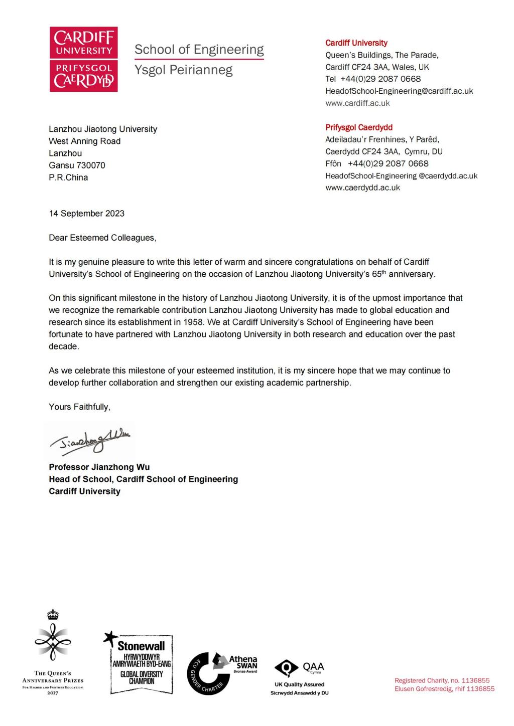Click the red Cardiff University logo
[83, 59]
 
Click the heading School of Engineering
[199, 50]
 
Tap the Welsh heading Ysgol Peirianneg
[183, 70]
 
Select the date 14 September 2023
[86, 214]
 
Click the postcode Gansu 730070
[77, 165]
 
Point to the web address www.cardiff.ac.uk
[357, 103]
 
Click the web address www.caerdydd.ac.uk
[362, 188]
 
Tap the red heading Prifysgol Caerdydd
[359, 127]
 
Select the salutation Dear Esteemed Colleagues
[102, 238]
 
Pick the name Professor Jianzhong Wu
[99, 467]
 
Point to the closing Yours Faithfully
[79, 407]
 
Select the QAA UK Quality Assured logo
[300, 674]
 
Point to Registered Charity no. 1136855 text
[442, 681]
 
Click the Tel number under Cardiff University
[373, 79]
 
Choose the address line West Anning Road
[84, 141]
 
